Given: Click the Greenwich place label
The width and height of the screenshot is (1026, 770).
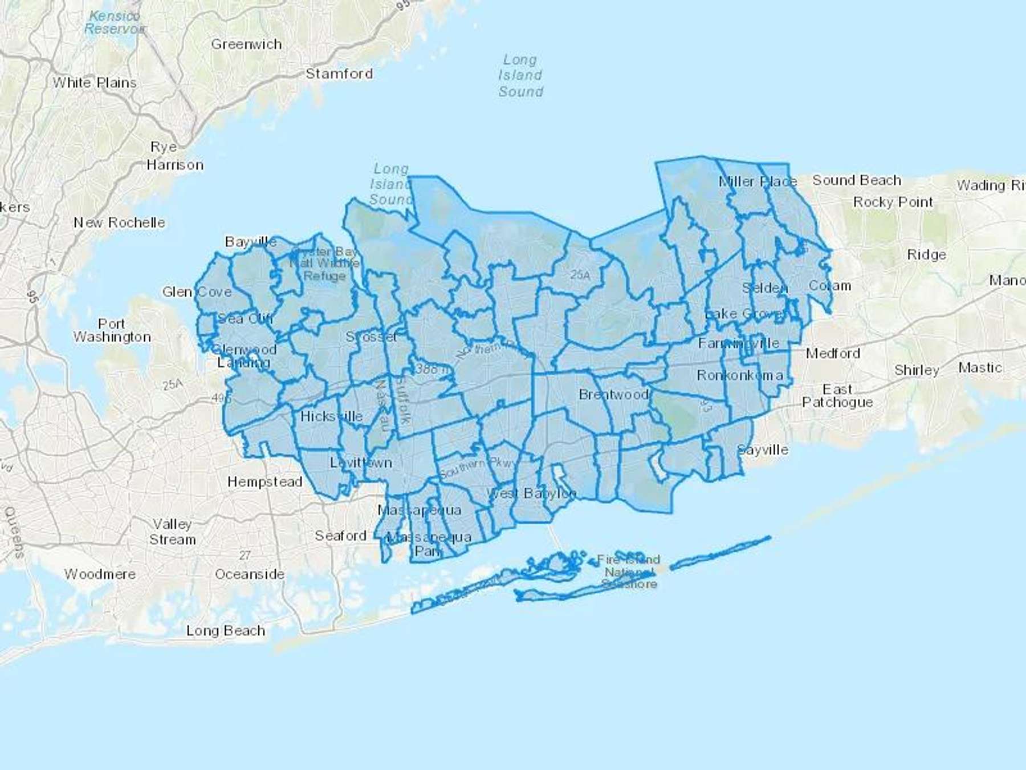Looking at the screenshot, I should [x=246, y=44].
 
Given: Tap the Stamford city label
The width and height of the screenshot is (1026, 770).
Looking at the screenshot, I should [x=339, y=74].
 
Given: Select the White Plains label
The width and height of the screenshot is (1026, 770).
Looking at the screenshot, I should [x=95, y=83].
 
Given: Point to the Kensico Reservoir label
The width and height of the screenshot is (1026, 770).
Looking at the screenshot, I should [x=115, y=22].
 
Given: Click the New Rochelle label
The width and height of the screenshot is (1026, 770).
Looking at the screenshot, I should [x=119, y=222].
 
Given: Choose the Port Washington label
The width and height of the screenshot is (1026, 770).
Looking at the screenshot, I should [x=112, y=330].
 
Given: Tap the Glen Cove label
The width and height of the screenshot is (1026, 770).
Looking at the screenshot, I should [x=197, y=292].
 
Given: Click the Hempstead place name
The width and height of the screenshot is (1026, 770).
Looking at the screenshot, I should [x=264, y=482].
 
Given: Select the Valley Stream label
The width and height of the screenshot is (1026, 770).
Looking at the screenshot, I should [x=172, y=532].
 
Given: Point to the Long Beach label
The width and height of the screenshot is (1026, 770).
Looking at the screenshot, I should [x=226, y=630].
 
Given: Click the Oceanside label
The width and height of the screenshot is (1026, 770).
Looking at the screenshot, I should [x=250, y=574].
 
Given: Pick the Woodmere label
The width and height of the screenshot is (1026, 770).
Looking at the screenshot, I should [x=100, y=574].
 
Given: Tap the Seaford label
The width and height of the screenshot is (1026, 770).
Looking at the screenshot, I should [x=340, y=536].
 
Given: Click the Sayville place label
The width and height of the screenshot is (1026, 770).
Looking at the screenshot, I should [x=763, y=449].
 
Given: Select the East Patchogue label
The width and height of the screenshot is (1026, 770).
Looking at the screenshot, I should [x=837, y=396].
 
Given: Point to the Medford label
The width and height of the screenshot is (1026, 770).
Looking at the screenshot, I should [x=833, y=354].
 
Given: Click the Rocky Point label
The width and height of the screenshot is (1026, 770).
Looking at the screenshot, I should [x=893, y=202].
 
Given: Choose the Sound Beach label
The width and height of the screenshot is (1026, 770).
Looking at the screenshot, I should [x=857, y=180].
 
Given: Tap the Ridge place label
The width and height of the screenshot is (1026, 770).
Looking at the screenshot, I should [x=926, y=254].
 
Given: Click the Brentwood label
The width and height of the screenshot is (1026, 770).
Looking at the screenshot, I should [x=613, y=394].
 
